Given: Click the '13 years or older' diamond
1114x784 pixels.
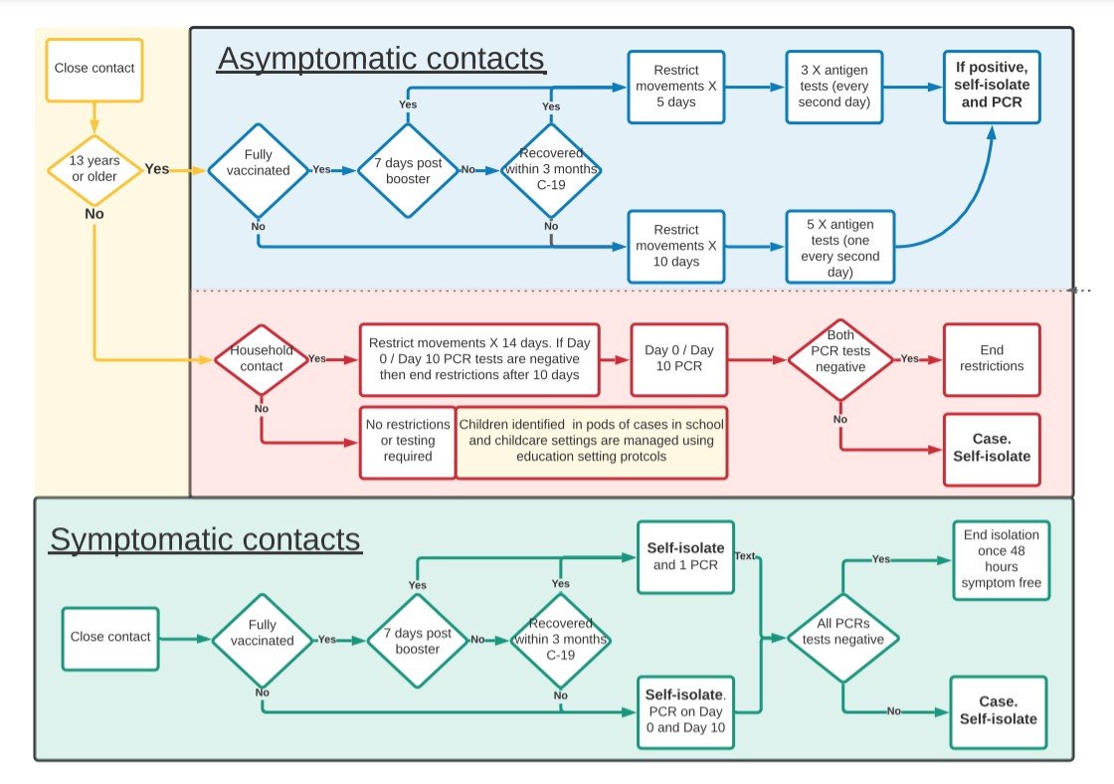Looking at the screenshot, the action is pos(94,170).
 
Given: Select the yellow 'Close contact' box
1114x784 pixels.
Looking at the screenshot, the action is pos(94,70).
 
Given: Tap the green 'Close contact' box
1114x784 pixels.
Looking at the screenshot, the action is pos(110,639).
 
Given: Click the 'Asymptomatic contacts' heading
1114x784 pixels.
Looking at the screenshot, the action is pos(382,59).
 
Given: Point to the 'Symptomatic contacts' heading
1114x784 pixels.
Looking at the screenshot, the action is pos(205,540).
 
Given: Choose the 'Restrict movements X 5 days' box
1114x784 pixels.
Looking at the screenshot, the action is pos(676,87).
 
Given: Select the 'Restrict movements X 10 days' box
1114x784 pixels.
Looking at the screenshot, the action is pos(676,247).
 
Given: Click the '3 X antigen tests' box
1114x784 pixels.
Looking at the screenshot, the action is pos(835,87).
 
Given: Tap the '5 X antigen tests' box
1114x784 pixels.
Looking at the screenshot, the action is pos(839,247).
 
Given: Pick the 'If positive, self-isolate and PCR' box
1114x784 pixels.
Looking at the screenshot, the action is pos(992,87).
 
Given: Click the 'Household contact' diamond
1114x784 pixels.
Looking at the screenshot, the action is pos(262,359).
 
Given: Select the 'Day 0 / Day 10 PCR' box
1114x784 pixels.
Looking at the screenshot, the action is pos(679,359).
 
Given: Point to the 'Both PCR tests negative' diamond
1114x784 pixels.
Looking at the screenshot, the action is pos(840,359).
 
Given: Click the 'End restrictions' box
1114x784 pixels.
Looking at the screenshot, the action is pos(992,359).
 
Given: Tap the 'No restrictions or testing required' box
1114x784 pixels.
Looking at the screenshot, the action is pos(408,442).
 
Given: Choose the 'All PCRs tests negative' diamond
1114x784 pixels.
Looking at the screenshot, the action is pos(843,638).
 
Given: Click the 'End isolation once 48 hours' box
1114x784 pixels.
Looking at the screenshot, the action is pos(1001,560).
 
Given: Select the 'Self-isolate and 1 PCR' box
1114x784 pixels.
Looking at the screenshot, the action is pos(685,557).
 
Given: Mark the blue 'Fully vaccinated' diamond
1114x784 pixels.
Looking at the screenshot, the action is pos(258,170).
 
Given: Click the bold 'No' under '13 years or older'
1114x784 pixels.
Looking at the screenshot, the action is pos(94,214).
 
